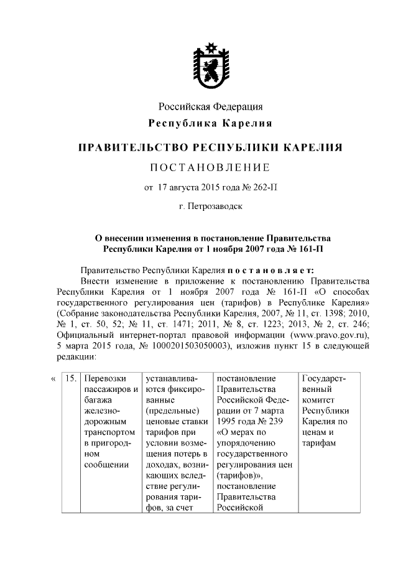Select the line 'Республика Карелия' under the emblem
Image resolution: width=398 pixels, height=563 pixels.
pos(210,123)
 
